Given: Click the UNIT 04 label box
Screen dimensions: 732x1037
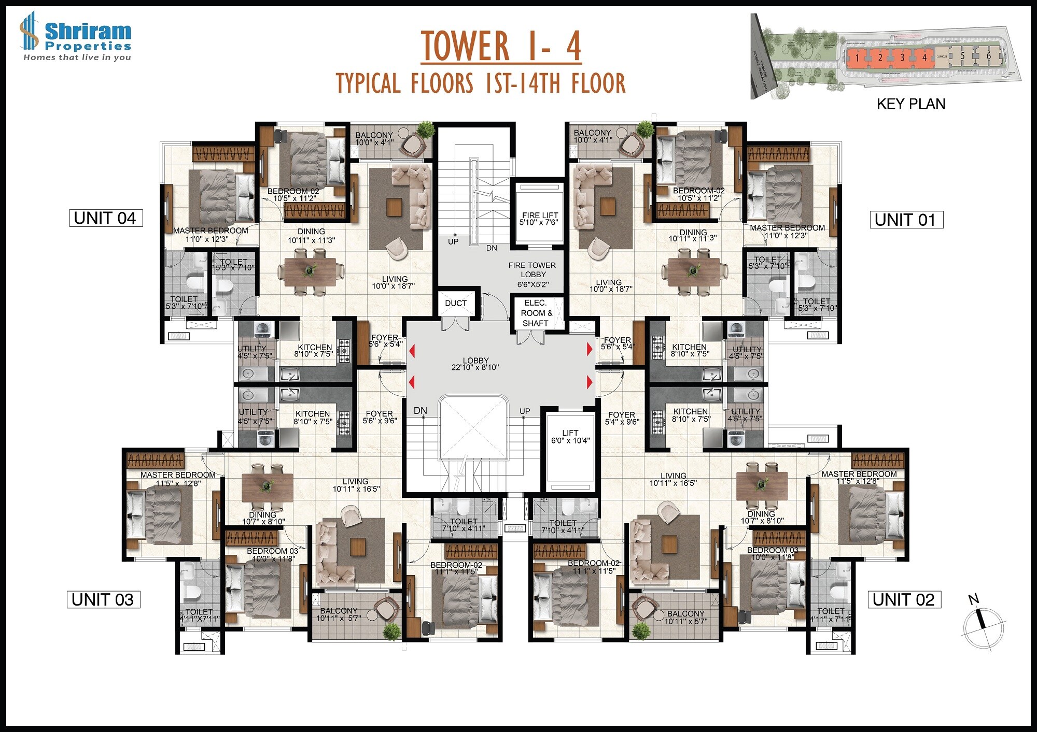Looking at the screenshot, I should tap(106, 218).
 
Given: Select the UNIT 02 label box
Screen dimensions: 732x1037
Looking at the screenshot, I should tap(904, 599).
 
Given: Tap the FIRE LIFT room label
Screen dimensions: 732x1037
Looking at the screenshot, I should tap(539, 219).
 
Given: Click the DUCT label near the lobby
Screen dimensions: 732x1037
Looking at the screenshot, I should tap(456, 303).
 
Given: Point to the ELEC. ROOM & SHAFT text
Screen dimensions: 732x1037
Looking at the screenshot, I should tap(536, 313).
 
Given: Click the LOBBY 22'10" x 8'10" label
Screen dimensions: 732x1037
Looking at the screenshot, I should tap(475, 364).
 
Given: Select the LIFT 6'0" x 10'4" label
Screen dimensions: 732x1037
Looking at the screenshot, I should tap(570, 436).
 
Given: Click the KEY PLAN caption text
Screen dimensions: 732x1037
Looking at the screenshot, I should tap(910, 104).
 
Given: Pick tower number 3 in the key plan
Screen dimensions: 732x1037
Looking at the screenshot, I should tap(902, 58).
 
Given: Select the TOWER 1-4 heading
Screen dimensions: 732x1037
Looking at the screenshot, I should tap(500, 46).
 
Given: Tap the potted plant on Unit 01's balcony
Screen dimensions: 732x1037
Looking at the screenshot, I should tap(645, 129).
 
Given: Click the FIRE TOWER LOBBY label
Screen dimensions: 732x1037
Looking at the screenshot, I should tap(532, 275).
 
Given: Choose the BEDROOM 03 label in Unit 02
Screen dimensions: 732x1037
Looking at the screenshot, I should tap(773, 554).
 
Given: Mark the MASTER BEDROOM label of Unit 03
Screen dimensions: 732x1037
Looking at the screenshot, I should tap(178, 479).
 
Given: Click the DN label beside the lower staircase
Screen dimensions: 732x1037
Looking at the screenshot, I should tap(421, 411).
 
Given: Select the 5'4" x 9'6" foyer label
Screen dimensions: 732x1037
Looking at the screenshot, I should tap(621, 418).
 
